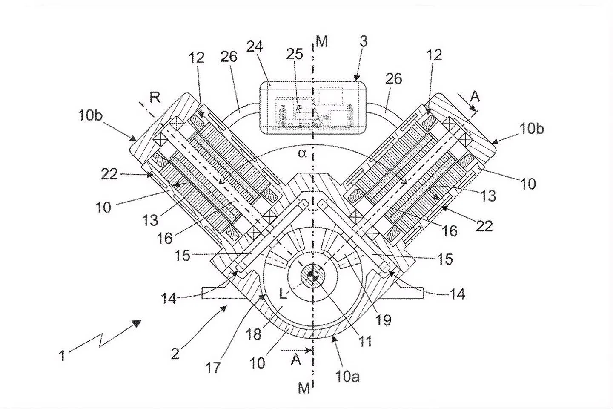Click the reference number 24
click(255, 46)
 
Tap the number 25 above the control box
click(295, 54)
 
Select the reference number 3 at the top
click(364, 41)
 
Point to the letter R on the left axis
click(155, 98)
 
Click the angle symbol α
click(302, 153)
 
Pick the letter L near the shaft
click(283, 294)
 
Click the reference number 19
click(383, 320)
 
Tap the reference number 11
click(365, 341)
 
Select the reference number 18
click(253, 334)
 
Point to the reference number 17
click(213, 368)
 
